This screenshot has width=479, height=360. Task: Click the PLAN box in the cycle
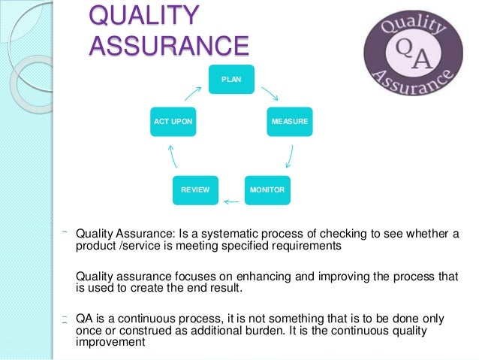pyautogui.click(x=231, y=80)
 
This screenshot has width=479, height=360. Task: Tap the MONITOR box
pyautogui.click(x=267, y=190)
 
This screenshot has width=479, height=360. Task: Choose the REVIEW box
pyautogui.click(x=195, y=190)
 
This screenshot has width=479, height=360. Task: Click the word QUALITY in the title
pyautogui.click(x=145, y=16)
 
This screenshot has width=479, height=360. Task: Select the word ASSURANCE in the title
pyautogui.click(x=168, y=45)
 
